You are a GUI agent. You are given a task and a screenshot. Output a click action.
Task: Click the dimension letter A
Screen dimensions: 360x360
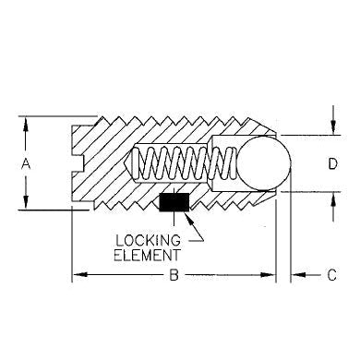click(x=27, y=162)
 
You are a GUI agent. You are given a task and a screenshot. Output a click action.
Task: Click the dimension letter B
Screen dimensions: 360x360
click(x=174, y=274)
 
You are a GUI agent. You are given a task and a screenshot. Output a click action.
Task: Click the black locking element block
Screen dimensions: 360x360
click(x=173, y=201)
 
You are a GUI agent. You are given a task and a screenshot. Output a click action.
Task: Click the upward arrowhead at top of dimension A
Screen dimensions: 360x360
click(x=27, y=121)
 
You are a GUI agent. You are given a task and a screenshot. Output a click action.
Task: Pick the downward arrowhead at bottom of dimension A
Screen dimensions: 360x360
click(x=27, y=206)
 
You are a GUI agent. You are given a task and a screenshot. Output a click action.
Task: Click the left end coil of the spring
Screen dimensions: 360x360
click(x=138, y=163)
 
